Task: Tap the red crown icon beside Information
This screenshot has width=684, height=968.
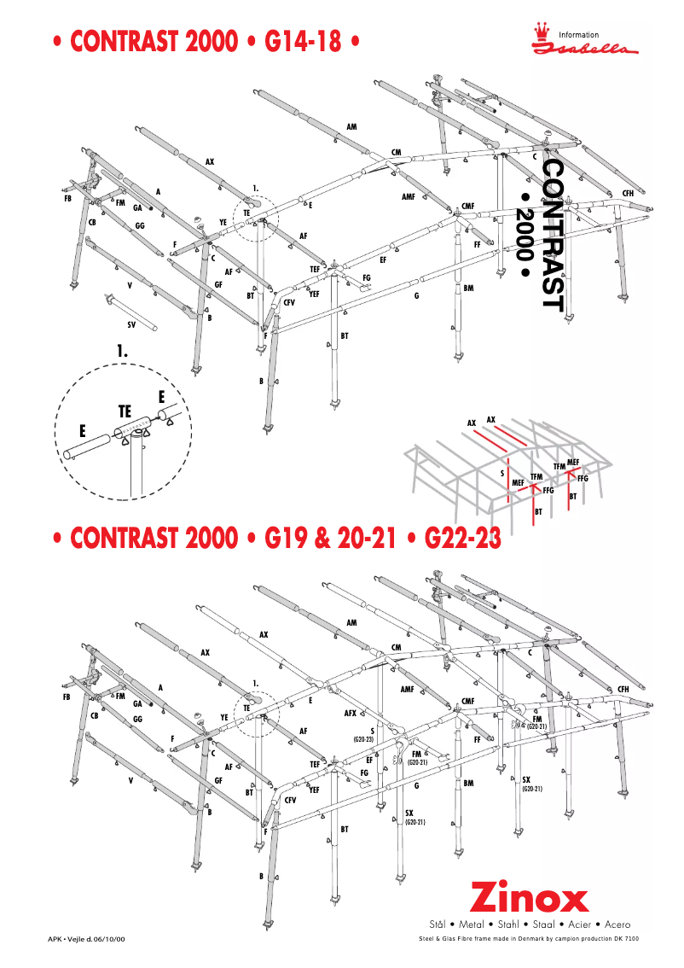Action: tap(540, 33)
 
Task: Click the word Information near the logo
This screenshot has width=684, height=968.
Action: tap(579, 35)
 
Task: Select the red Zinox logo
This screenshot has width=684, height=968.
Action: tap(530, 899)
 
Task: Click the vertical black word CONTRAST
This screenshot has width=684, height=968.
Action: tap(553, 236)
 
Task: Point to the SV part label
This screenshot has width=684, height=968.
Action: tap(132, 324)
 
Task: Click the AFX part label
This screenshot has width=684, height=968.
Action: tap(350, 711)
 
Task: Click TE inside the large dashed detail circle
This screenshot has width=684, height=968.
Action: tap(125, 411)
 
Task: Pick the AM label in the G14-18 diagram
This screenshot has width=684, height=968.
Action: tap(351, 126)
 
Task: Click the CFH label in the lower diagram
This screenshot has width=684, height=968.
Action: tap(623, 689)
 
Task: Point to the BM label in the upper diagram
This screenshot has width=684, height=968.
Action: tap(468, 288)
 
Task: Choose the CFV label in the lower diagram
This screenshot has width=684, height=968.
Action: tap(290, 800)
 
